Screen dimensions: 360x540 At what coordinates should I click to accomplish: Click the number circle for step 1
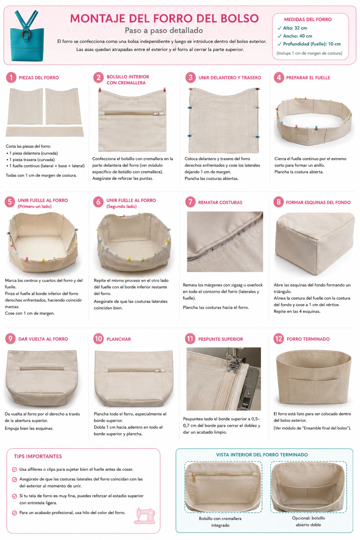tap(11, 77)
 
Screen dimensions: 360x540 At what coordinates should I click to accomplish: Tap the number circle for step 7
tap(190, 202)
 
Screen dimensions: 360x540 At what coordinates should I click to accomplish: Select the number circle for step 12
tap(278, 339)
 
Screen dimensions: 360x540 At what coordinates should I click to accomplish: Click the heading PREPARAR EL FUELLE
tap(308, 78)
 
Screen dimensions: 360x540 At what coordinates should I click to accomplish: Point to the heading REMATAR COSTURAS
tap(220, 202)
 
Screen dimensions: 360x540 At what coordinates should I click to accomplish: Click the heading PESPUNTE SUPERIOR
tap(221, 339)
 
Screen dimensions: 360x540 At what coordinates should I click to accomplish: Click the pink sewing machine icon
tap(144, 515)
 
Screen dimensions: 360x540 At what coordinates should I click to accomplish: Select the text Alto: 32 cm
tap(295, 28)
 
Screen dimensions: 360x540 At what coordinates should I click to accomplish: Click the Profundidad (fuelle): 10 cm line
tap(312, 44)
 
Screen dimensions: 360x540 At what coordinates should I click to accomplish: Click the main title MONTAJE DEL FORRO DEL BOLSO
tap(165, 18)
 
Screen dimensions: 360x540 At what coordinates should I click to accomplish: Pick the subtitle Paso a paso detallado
tap(164, 30)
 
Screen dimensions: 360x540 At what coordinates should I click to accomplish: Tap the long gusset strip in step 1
tap(45, 131)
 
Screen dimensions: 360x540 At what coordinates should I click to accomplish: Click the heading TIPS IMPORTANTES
tap(38, 456)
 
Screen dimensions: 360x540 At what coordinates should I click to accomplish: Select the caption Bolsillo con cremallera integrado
tap(220, 522)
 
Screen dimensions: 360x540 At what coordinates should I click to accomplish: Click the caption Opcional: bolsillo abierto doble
tap(308, 521)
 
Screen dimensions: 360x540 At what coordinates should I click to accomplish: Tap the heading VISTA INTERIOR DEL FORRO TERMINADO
tap(262, 455)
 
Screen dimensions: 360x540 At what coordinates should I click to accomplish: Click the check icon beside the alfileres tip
tap(14, 469)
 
